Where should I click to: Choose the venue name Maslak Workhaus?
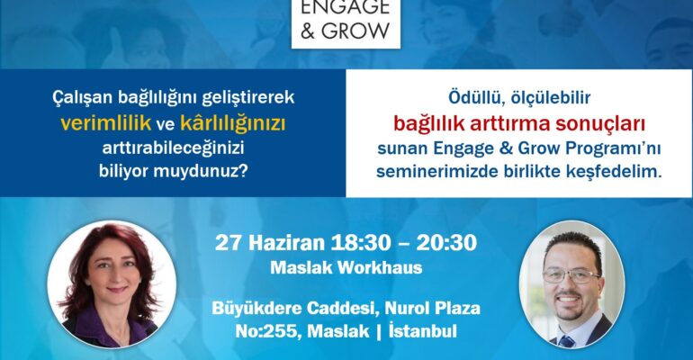pyautogui.click(x=346, y=268)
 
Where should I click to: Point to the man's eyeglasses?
pyautogui.click(x=571, y=276)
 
